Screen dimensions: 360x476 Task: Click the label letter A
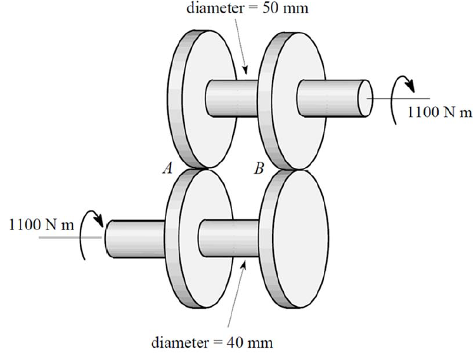point(167,169)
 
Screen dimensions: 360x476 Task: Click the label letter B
point(259,169)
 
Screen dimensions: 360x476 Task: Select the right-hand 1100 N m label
point(440,113)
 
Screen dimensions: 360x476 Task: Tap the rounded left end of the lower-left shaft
point(108,237)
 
